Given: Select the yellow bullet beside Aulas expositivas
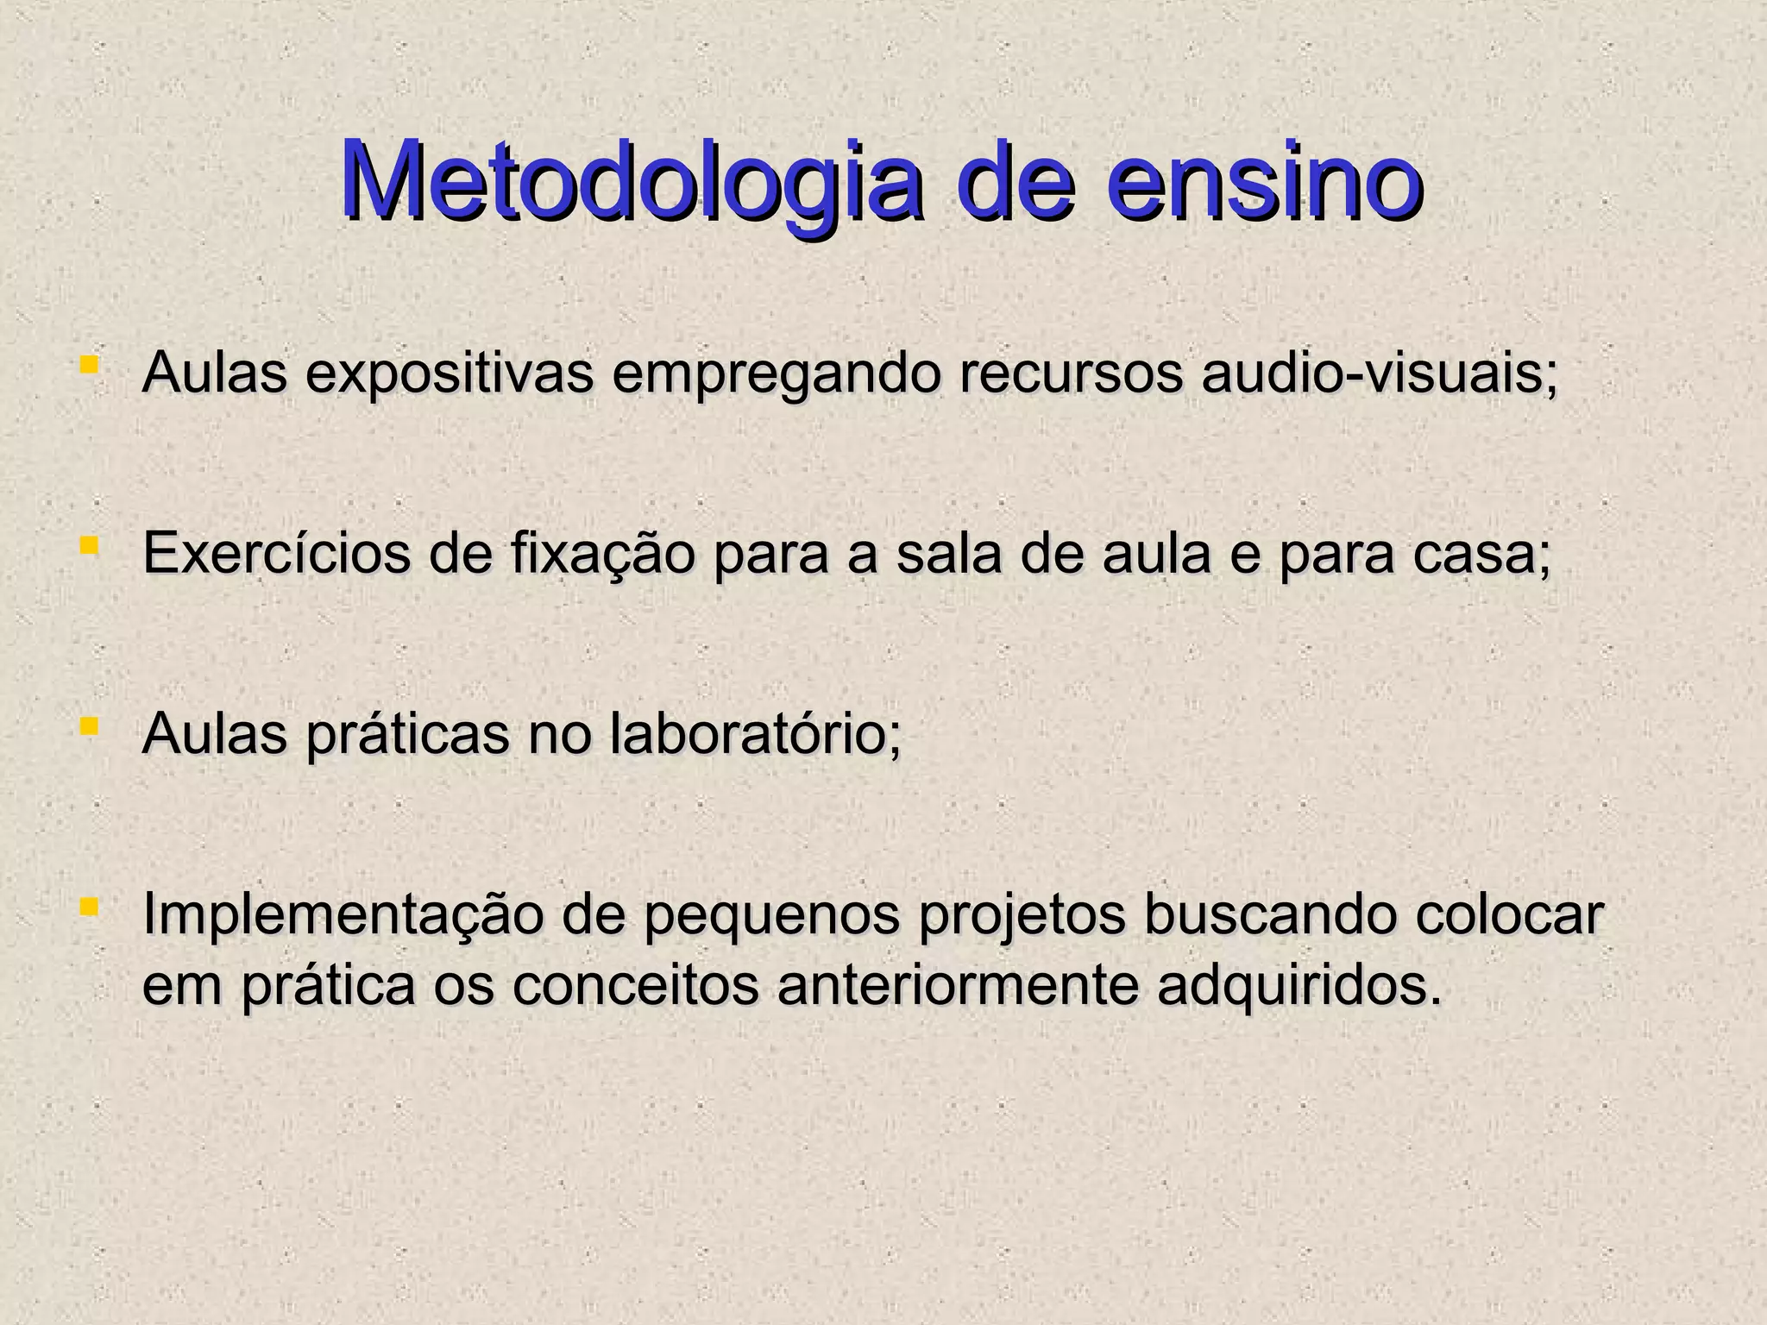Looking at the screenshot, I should click(x=87, y=365).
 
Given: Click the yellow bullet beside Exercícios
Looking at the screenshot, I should click(x=87, y=545).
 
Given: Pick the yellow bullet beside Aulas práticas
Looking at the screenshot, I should click(x=87, y=726).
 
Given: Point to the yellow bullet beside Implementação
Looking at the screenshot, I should click(x=87, y=907).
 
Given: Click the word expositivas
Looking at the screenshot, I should click(x=449, y=376).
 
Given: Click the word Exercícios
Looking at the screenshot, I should click(x=276, y=554).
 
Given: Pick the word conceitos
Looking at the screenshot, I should click(x=636, y=987).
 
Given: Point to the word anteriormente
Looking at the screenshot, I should click(x=958, y=987).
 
